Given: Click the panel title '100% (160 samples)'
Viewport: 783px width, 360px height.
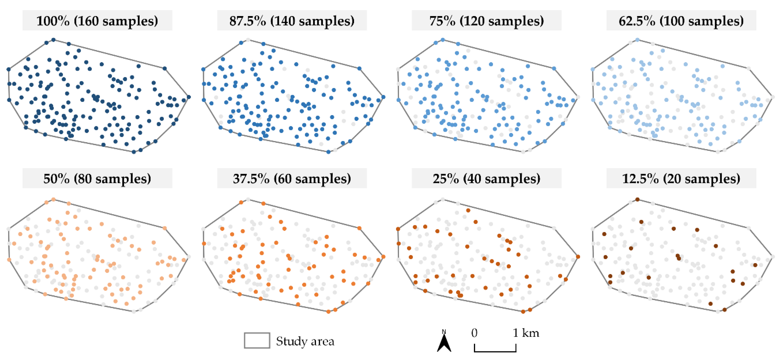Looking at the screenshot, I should pos(97,21).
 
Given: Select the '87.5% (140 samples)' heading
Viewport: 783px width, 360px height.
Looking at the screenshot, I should pos(292,21).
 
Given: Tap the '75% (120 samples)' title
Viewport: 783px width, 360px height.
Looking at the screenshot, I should pos(486,21).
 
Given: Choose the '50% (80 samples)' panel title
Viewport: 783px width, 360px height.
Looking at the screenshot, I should pos(97,179).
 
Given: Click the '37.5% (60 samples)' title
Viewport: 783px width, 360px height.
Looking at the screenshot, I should pos(292,179).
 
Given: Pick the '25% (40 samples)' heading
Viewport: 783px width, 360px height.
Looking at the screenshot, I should pos(486,179).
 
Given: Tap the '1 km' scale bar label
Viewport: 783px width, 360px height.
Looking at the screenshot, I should pos(526,333).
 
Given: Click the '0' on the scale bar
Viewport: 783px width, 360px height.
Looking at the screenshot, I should pos(474,333).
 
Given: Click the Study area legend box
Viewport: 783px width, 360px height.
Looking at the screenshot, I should pos(257,340).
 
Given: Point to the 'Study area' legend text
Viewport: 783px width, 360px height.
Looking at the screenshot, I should pos(305,341).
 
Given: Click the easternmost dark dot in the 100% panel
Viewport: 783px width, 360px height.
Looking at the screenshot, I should pos(189,97).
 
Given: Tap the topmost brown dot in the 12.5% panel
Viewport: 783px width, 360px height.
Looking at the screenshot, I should pos(637,199).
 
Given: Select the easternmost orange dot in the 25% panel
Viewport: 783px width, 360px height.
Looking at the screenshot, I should pos(578,257).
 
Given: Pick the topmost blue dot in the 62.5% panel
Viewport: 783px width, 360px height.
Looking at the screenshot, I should pos(637,40).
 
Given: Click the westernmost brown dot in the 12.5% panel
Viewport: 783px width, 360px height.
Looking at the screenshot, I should pos(604,234).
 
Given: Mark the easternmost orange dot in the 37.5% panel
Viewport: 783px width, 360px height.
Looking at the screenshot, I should pos(383,257).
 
